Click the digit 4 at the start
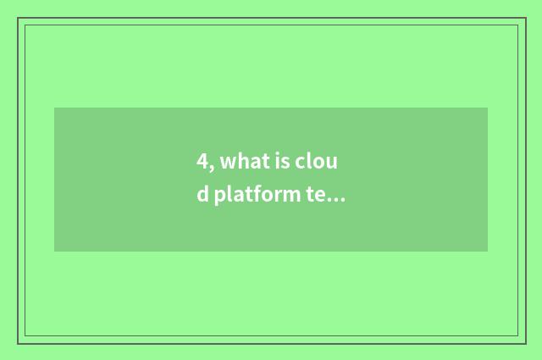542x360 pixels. pos(202,162)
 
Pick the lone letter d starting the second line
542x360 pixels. pos(202,195)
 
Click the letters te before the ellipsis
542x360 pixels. pos(315,196)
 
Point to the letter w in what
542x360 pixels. pos(226,163)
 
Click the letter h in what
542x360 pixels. pos(238,162)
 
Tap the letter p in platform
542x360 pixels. pos(219,197)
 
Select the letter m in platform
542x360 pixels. pos(290,197)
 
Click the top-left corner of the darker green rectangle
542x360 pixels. pos(55,108)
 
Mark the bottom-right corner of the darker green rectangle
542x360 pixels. pos(487,251)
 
